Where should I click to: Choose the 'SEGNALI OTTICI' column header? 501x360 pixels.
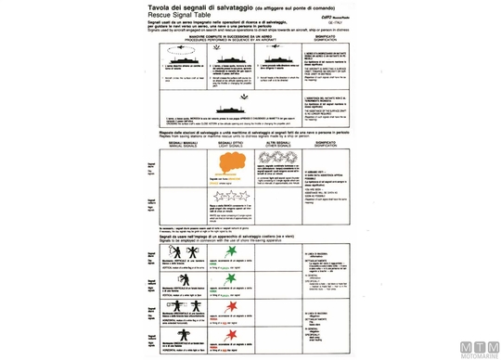tap(239, 142)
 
